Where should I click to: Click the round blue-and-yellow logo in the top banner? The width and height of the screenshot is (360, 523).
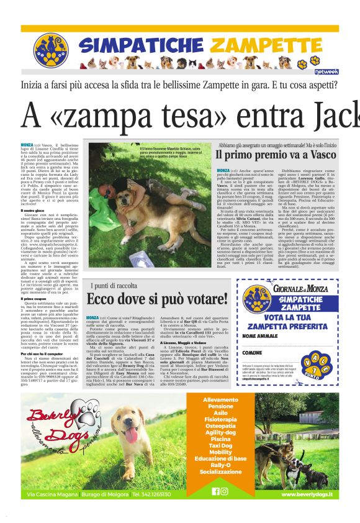coord(50,50)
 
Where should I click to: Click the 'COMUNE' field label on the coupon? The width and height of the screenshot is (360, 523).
coord(252,353)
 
